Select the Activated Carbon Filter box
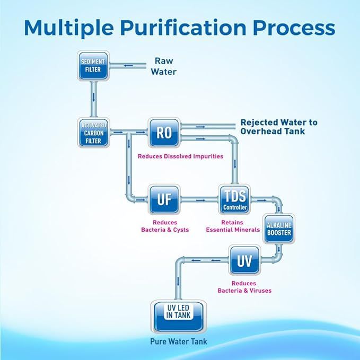click(93, 132)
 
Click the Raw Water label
click(165, 66)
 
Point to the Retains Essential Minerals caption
click(233, 226)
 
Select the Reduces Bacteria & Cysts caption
click(165, 226)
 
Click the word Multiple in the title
click(69, 28)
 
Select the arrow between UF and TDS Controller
click(200, 200)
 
